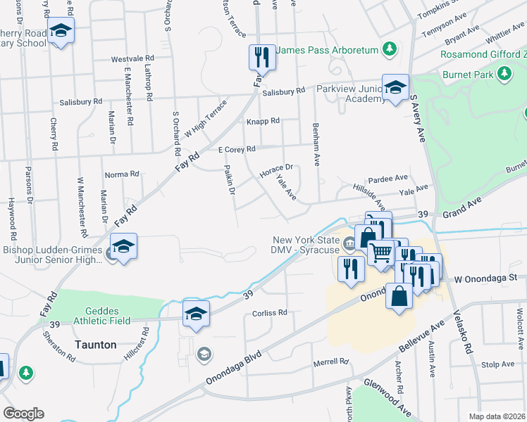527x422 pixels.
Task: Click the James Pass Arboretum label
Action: pyautogui.click(x=327, y=50)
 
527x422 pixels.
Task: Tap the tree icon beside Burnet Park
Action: pyautogui.click(x=504, y=73)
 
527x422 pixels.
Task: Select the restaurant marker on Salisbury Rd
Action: pyautogui.click(x=262, y=57)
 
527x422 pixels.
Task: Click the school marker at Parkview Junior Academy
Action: pyautogui.click(x=395, y=87)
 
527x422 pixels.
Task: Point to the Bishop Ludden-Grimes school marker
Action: pyautogui.click(x=123, y=247)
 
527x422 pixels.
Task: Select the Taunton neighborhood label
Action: pyautogui.click(x=96, y=345)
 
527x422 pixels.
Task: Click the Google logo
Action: pyautogui.click(x=23, y=414)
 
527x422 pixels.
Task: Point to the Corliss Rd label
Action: pyautogui.click(x=270, y=312)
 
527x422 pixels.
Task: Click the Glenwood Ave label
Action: pyautogui.click(x=387, y=398)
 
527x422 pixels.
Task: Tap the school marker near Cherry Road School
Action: pyautogui.click(x=61, y=31)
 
